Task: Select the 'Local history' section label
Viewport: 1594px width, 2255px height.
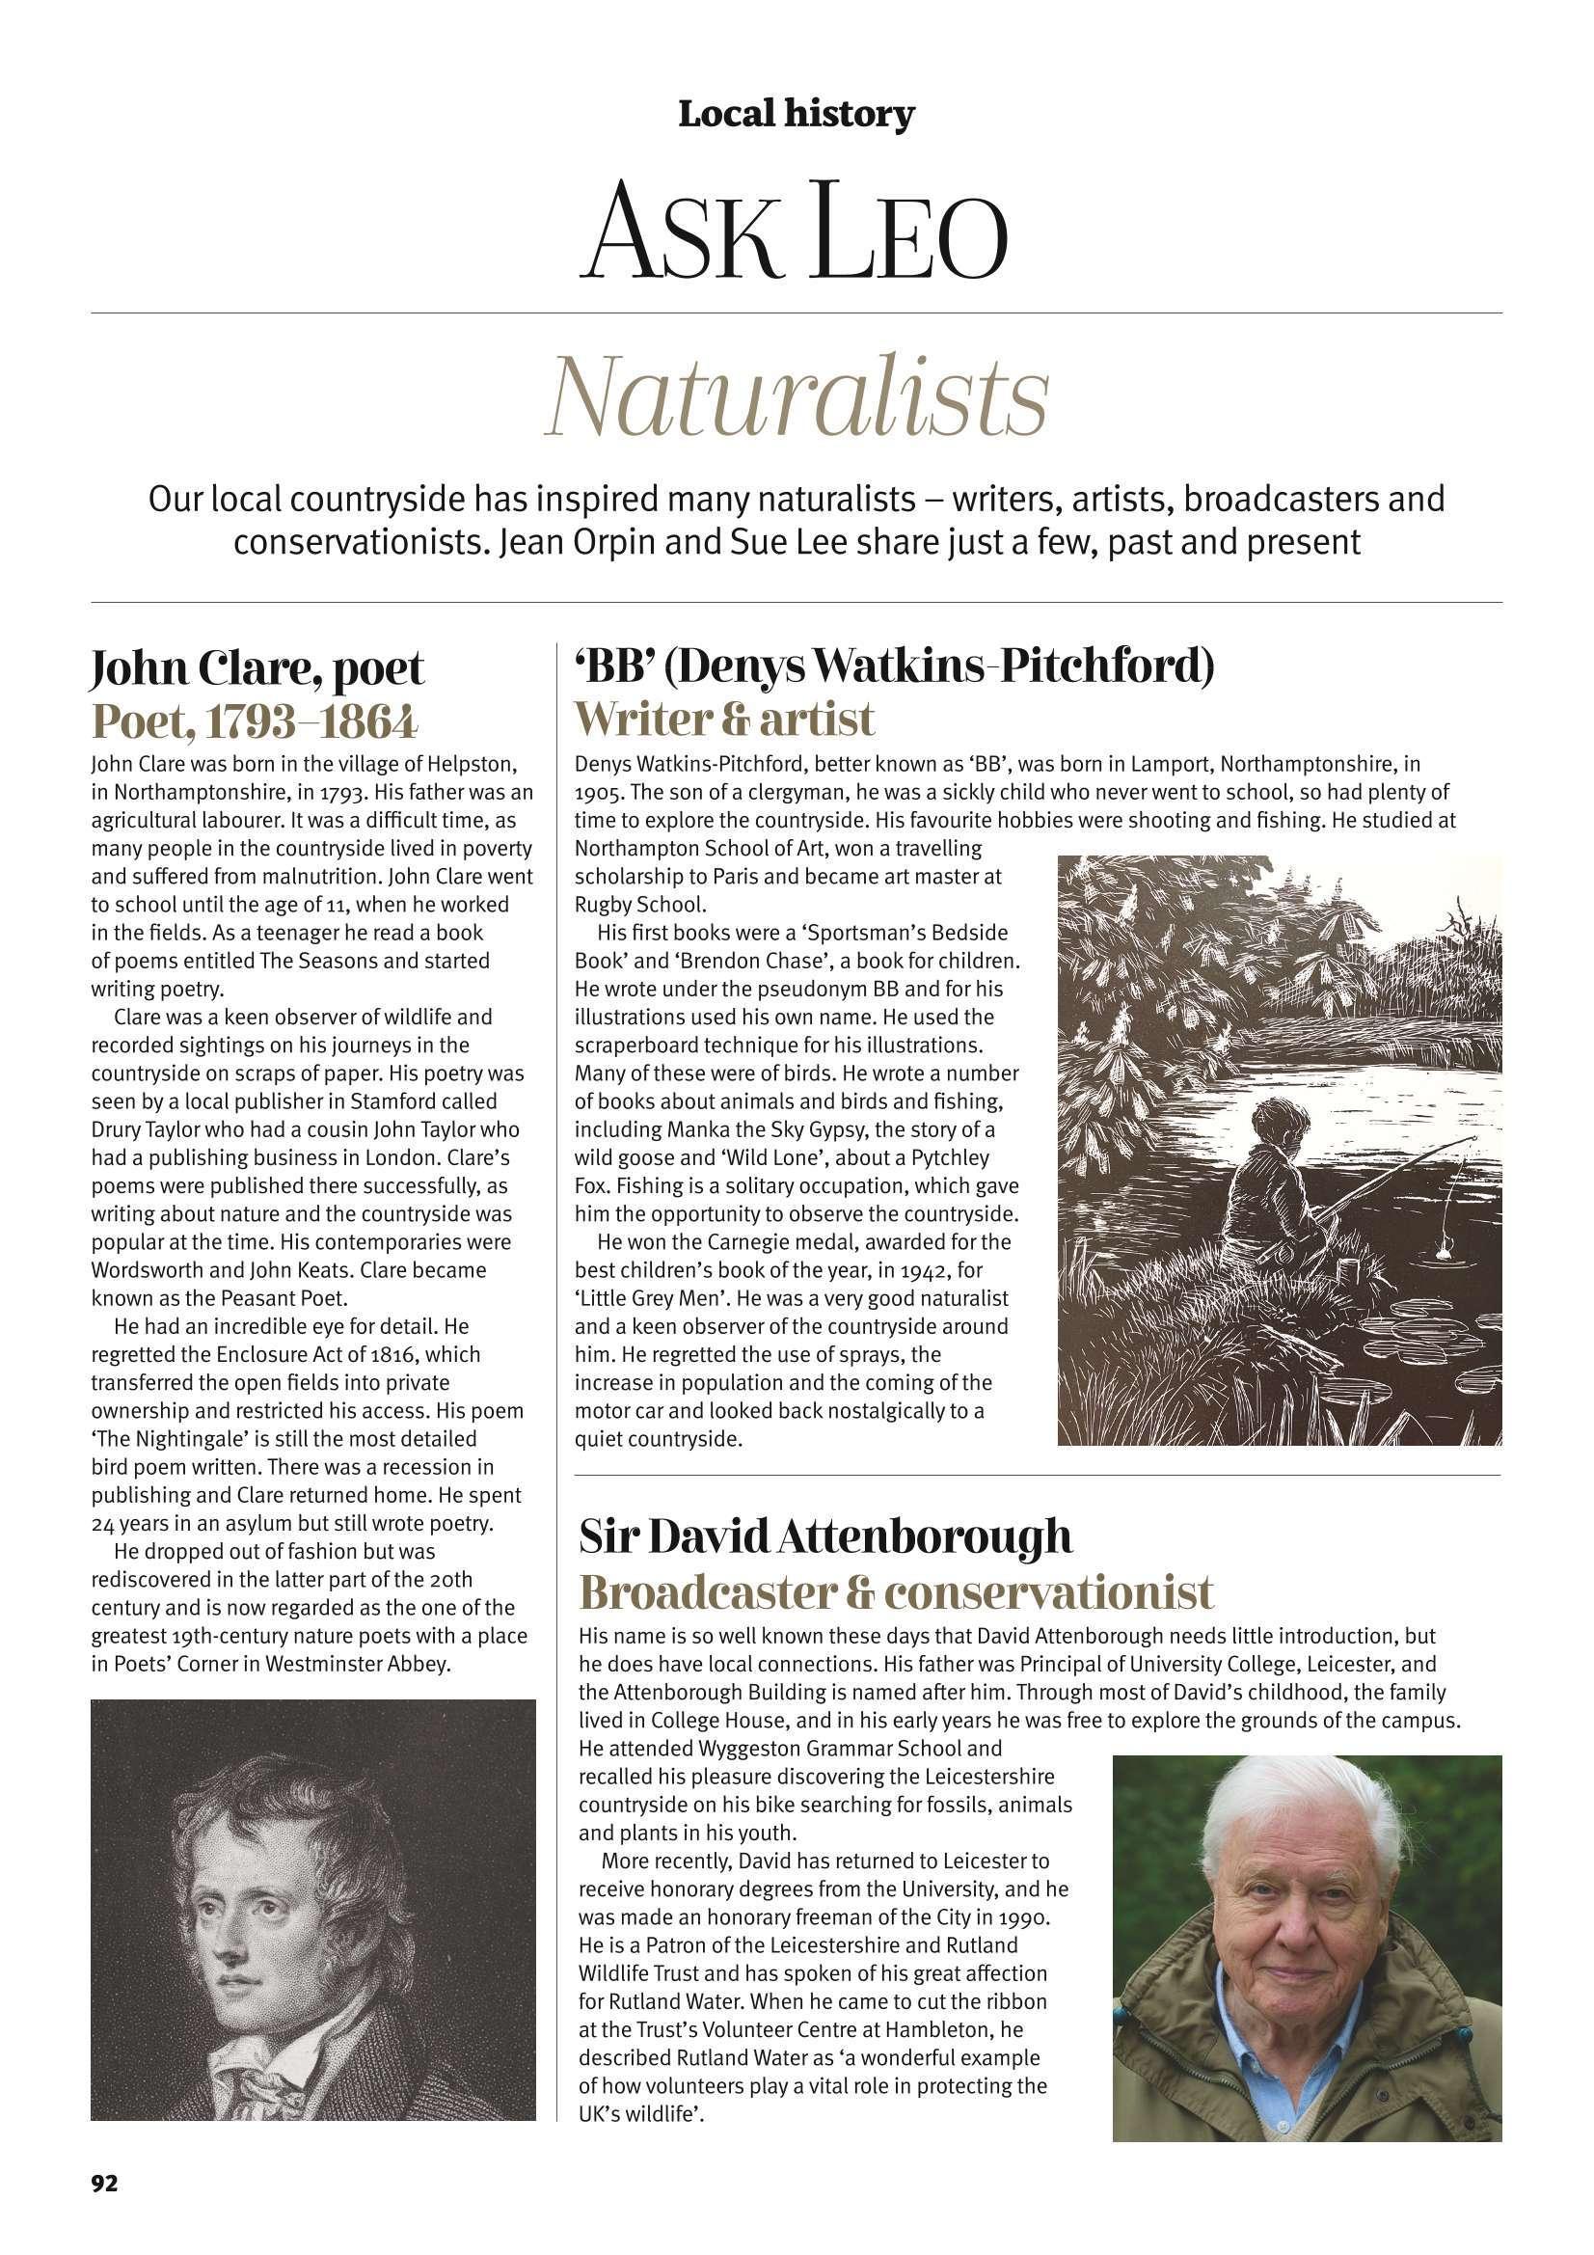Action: click(x=796, y=116)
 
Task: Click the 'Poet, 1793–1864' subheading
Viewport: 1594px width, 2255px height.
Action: click(x=255, y=721)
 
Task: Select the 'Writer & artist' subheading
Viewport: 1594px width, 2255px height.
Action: click(x=724, y=720)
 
